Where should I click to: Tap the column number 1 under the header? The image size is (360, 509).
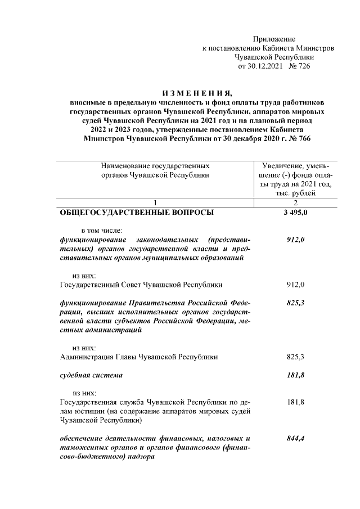[x=155, y=203]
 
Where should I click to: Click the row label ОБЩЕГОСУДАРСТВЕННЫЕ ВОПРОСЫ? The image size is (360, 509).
[x=137, y=213]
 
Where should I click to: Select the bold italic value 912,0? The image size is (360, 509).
[x=295, y=240]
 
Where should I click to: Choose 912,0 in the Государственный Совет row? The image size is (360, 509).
[x=295, y=285]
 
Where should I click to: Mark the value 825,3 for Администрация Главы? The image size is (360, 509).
[x=295, y=357]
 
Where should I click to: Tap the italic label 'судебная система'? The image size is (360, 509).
[x=91, y=375]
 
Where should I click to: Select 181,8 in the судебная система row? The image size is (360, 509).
[x=295, y=375]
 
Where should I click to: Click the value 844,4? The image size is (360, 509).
[x=295, y=438]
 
